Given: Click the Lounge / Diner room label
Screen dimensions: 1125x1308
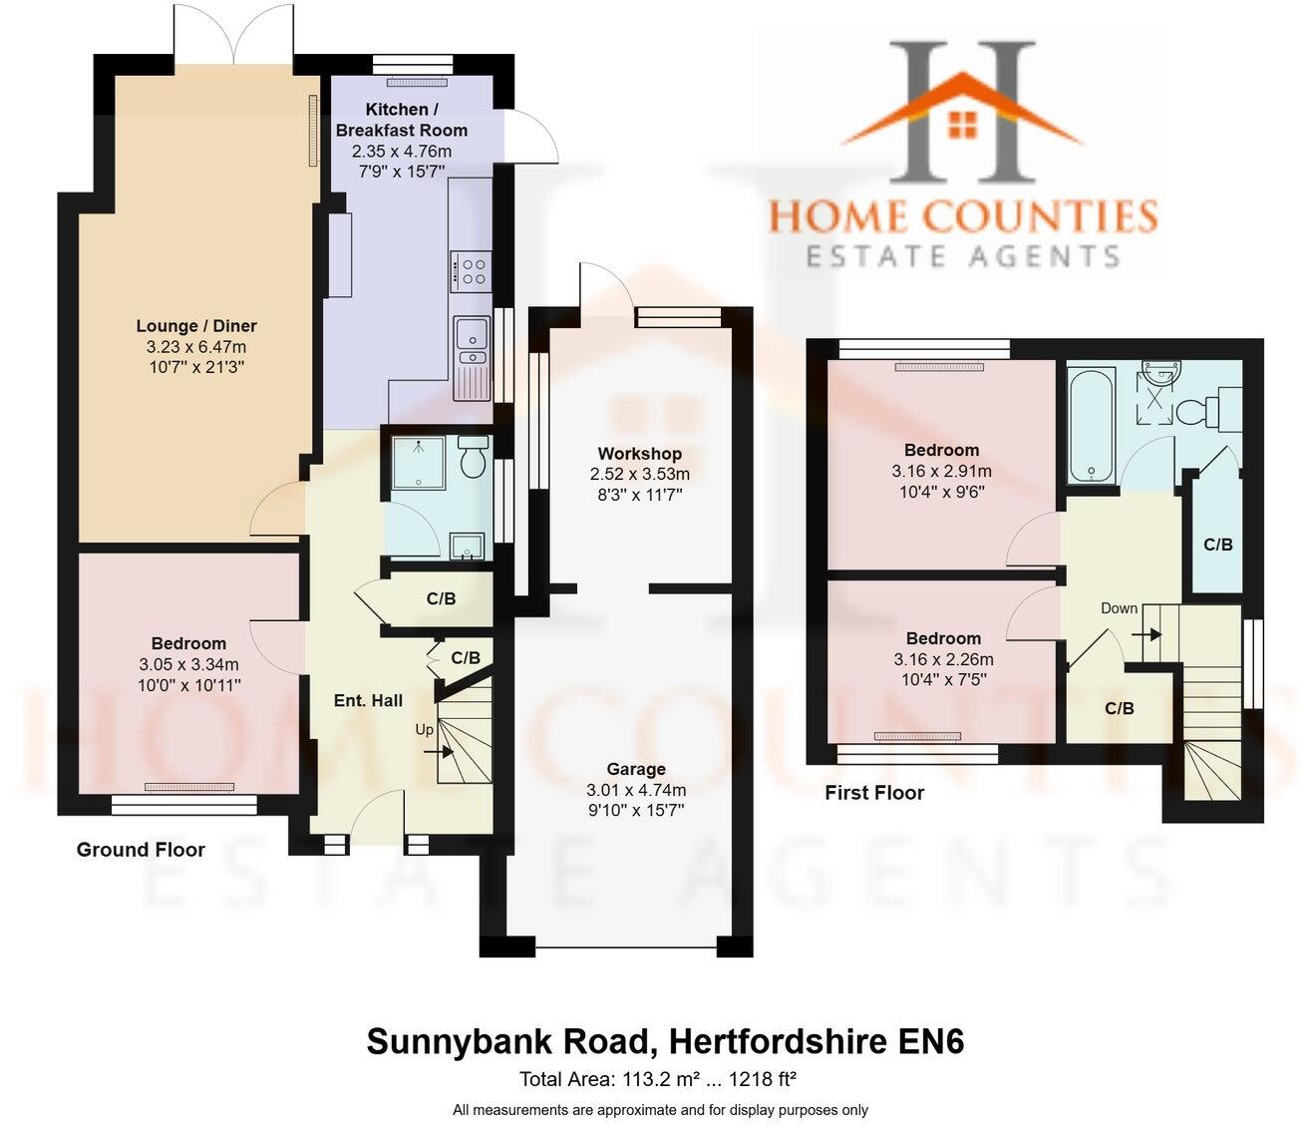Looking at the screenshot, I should (196, 326).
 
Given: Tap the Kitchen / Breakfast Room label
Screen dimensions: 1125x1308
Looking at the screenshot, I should (401, 120).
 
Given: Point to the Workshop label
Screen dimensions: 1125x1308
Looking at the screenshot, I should (639, 454).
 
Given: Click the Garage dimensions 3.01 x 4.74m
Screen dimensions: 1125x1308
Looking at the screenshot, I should (636, 790).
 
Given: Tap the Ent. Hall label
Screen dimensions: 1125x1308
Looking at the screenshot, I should (368, 700).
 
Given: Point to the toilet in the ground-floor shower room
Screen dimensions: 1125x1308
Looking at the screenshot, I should (473, 459).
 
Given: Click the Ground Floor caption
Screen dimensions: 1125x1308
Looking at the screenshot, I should (141, 850).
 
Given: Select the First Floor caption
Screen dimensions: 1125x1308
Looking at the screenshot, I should (874, 793).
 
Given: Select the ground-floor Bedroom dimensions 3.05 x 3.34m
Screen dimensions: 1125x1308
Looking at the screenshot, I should (188, 664).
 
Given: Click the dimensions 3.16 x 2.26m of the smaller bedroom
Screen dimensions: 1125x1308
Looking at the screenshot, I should (943, 659).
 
